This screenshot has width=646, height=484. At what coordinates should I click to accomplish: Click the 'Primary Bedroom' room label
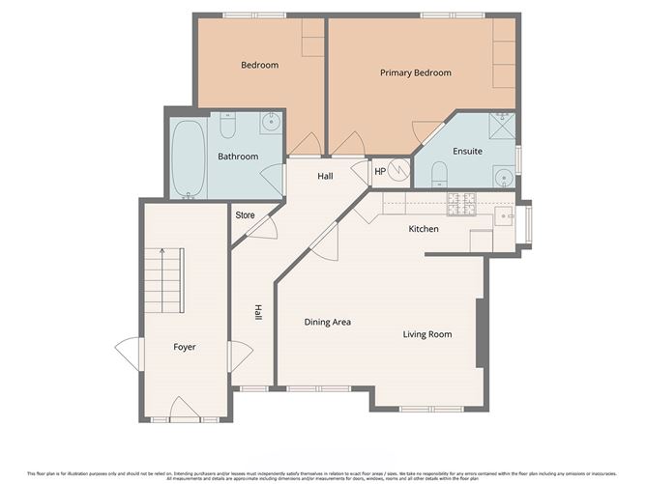coord(415,72)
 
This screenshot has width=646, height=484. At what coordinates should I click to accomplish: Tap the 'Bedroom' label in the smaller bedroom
coord(259,66)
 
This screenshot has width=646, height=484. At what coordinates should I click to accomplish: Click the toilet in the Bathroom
coord(228,127)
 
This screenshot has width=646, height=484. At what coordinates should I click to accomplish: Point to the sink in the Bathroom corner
coord(272,123)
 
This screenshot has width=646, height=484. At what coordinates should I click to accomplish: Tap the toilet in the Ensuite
coord(438,173)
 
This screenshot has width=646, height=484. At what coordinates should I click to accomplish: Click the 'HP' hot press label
coord(380,173)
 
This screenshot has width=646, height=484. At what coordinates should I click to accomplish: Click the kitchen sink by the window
coord(504,216)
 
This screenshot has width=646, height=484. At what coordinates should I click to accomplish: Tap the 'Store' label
coord(245,215)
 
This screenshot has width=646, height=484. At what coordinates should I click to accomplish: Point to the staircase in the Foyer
coord(163,280)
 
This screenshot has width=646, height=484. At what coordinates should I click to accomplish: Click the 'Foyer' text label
coord(184,347)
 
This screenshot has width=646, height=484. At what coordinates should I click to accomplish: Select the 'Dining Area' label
coord(327,322)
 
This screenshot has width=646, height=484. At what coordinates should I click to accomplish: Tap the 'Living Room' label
coord(427,335)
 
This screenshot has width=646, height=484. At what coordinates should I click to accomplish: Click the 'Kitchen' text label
coord(424,229)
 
